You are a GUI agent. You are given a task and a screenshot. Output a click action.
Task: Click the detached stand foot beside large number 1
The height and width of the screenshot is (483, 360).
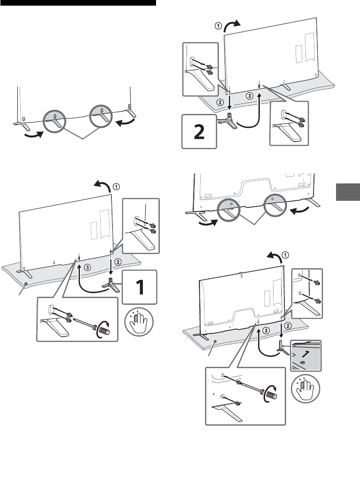tap(110, 285)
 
